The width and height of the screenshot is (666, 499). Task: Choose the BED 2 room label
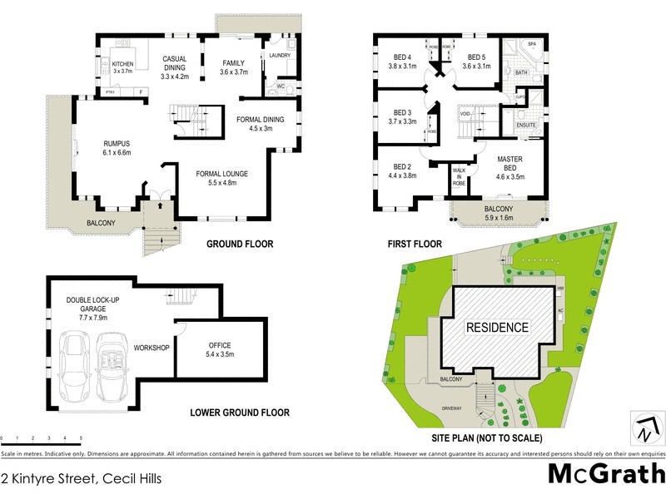coord(402,170)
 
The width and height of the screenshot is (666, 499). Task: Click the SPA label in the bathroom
coord(531,43)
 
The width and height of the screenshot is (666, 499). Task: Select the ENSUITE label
coord(526,125)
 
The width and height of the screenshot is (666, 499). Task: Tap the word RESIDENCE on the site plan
coord(496,327)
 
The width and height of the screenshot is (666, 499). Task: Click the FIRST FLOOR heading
coord(414,245)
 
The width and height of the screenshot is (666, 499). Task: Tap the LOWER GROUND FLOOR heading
coord(239,413)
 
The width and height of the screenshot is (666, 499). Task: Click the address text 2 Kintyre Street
coord(81,478)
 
